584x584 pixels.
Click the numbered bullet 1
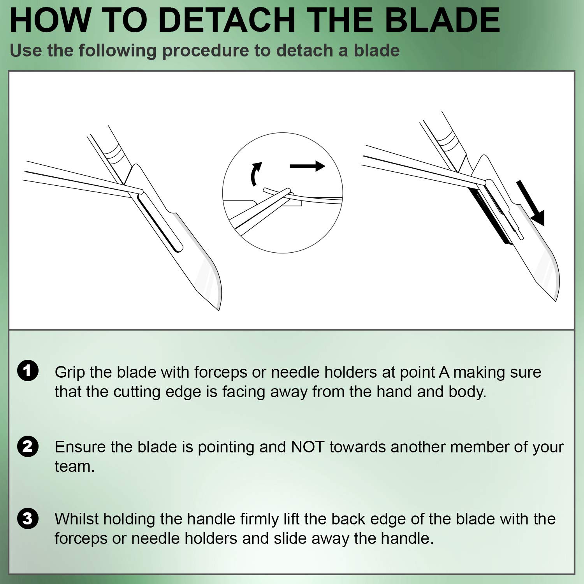(28, 371)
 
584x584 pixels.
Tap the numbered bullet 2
(28, 446)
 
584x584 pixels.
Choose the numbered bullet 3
(28, 518)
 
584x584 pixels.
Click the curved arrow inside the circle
(255, 174)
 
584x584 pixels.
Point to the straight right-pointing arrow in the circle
(307, 166)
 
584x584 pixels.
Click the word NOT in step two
(308, 447)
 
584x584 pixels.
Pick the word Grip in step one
(70, 373)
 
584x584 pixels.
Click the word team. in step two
(74, 466)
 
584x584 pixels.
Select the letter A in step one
(444, 373)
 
